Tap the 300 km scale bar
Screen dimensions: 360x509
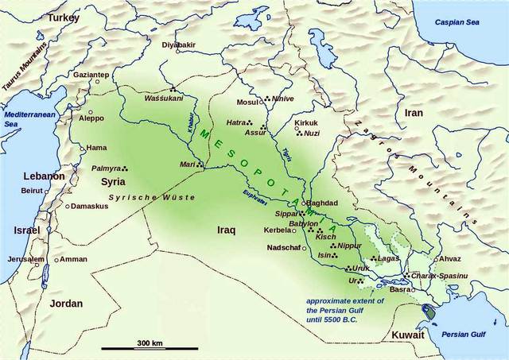coord(143,347)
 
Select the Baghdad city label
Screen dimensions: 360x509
coord(321,203)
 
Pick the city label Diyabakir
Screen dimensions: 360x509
coord(179,45)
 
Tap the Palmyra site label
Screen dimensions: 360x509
coord(105,168)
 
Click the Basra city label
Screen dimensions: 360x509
coord(398,289)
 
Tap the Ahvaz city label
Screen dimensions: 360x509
coord(450,259)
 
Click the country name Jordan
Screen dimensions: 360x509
coord(66,303)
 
